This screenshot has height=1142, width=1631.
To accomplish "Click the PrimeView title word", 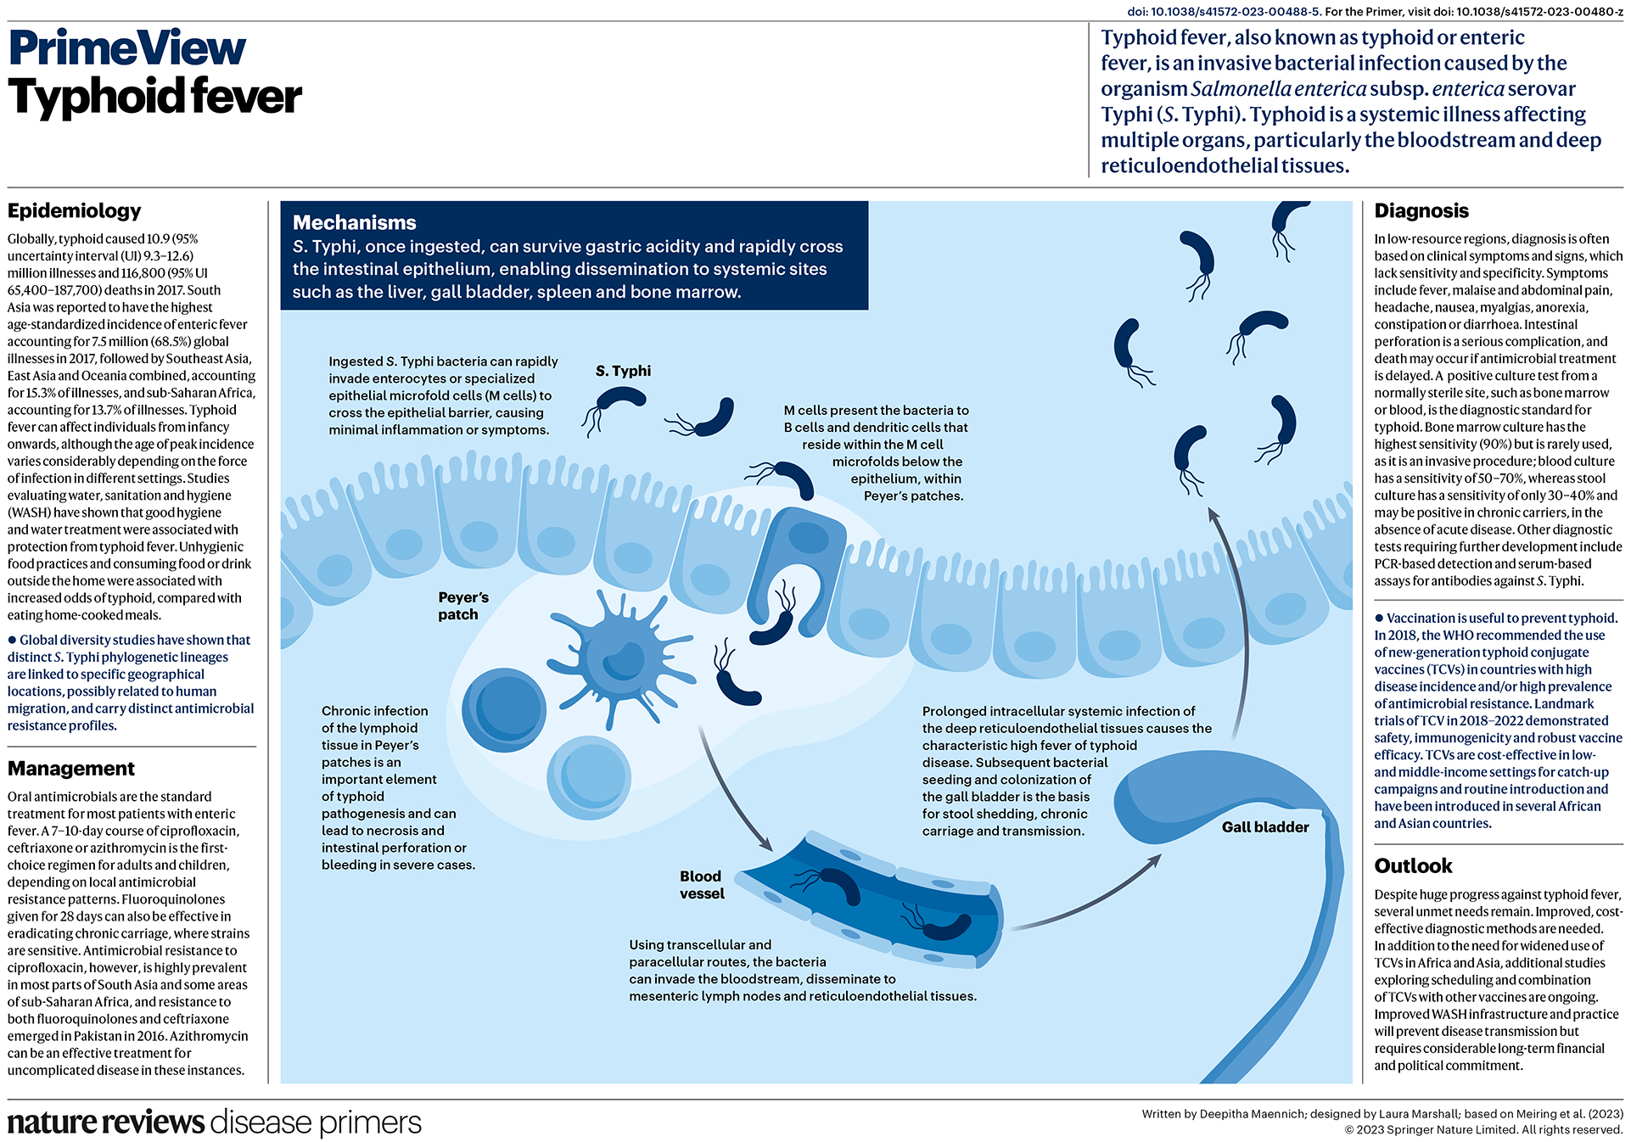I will pyautogui.click(x=127, y=48).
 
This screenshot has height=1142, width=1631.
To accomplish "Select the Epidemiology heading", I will pyautogui.click(x=74, y=210).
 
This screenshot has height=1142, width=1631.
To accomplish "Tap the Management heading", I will pyautogui.click(x=71, y=768).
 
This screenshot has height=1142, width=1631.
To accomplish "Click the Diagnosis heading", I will pyautogui.click(x=1421, y=210).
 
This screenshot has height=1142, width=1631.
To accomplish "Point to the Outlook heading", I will pyautogui.click(x=1413, y=865).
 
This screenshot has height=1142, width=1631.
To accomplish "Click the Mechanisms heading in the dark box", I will pyautogui.click(x=354, y=222).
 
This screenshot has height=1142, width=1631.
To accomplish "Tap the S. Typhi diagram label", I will pyautogui.click(x=623, y=371).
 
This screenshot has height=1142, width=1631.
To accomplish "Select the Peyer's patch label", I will pyautogui.click(x=462, y=606).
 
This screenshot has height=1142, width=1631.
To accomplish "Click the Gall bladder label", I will pyautogui.click(x=1264, y=826).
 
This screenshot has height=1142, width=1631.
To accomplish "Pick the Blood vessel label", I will pyautogui.click(x=701, y=884).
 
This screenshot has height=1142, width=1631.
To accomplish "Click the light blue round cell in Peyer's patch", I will pyautogui.click(x=588, y=776).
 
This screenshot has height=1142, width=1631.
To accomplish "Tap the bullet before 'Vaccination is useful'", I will pyautogui.click(x=1379, y=618).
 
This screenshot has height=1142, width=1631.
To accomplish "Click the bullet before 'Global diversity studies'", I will pyautogui.click(x=12, y=640).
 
